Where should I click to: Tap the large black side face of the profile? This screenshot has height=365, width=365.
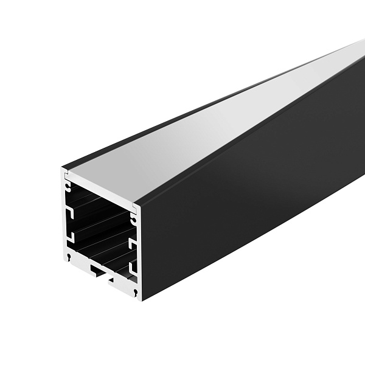[255, 195]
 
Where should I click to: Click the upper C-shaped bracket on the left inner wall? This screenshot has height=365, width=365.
[71, 212]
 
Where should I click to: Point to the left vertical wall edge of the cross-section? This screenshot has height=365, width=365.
[63, 219]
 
